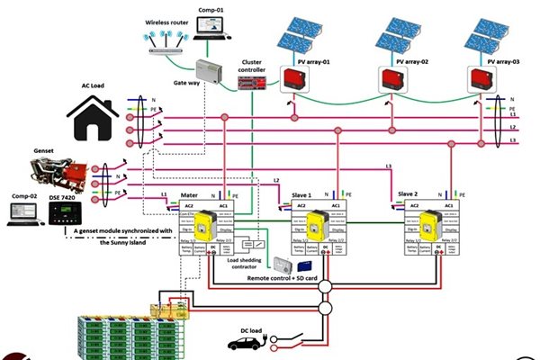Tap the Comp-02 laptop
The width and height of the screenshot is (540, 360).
click(x=21, y=212)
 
